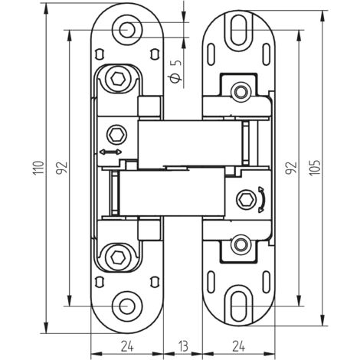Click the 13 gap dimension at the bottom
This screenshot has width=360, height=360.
(x=183, y=345)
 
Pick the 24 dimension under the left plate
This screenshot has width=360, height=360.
(x=127, y=345)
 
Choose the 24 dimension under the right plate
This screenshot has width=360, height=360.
(x=238, y=345)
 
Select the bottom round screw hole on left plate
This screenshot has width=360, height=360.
(x=125, y=304)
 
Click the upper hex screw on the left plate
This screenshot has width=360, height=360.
(x=117, y=80)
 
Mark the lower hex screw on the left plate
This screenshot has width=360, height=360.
(x=117, y=255)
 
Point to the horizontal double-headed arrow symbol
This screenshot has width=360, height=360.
(x=110, y=154)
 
